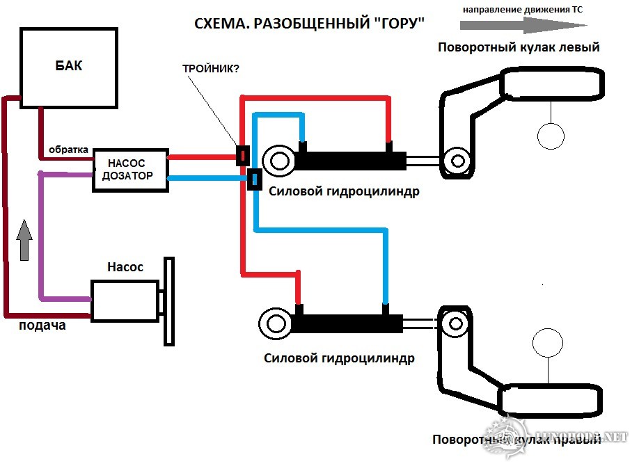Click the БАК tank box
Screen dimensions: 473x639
pyautogui.click(x=68, y=67)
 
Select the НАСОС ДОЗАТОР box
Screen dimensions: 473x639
pyautogui.click(x=131, y=169)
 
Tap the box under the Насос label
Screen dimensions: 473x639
pyautogui.click(x=125, y=301)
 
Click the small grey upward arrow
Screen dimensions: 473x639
pyautogui.click(x=24, y=241)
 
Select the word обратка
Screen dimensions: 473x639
pyautogui.click(x=68, y=149)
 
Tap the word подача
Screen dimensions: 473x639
pyautogui.click(x=42, y=325)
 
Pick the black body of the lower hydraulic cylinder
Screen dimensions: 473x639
pyautogui.click(x=348, y=323)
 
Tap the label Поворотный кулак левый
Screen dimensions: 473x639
pyautogui.click(x=519, y=48)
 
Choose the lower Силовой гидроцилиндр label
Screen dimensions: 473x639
pyautogui.click(x=340, y=359)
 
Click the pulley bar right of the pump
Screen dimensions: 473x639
pyautogui.click(x=168, y=300)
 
